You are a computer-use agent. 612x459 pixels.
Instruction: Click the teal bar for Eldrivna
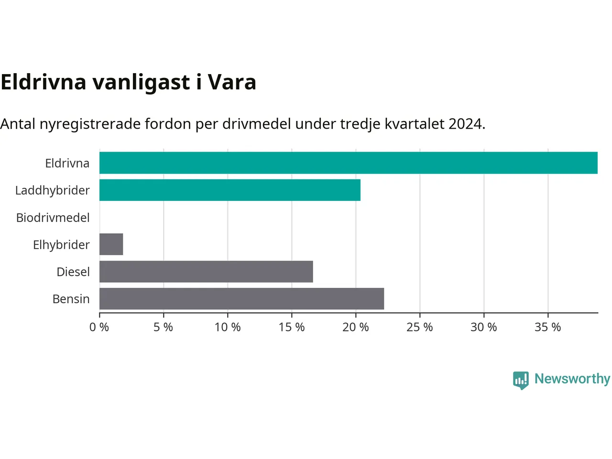pyautogui.click(x=348, y=163)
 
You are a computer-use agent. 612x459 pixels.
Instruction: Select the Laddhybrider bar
pyautogui.click(x=230, y=190)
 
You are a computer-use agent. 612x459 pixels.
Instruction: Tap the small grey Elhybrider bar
pyautogui.click(x=111, y=244)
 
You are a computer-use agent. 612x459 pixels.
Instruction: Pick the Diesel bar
pyautogui.click(x=206, y=272)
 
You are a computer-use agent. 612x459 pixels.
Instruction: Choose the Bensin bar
pyautogui.click(x=242, y=298)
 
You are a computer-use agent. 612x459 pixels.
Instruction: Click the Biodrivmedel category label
pyautogui.click(x=53, y=218)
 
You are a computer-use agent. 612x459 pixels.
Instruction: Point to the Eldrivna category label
pyautogui.click(x=67, y=163)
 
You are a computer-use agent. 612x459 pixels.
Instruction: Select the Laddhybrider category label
pyautogui.click(x=53, y=191)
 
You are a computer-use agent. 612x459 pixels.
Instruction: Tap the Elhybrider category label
pyautogui.click(x=61, y=245)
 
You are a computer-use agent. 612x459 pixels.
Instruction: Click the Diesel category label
pyautogui.click(x=73, y=272)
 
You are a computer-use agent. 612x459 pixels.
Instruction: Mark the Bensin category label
pyautogui.click(x=71, y=299)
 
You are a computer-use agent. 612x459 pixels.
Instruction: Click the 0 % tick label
pyautogui.click(x=99, y=327)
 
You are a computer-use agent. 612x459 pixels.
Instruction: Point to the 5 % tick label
pyautogui.click(x=164, y=327)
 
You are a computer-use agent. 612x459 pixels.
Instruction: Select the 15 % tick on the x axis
pyautogui.click(x=292, y=327)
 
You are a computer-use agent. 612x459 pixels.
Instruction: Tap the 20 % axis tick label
pyautogui.click(x=356, y=327)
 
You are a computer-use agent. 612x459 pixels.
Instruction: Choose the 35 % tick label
pyautogui.click(x=547, y=327)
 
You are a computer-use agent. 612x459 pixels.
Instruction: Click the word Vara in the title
pyautogui.click(x=232, y=82)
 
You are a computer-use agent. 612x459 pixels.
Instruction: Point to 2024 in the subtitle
pyautogui.click(x=465, y=124)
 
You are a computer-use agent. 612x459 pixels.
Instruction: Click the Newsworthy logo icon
pyautogui.click(x=521, y=380)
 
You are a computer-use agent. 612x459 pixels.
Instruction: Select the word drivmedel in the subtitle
pyautogui.click(x=256, y=124)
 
